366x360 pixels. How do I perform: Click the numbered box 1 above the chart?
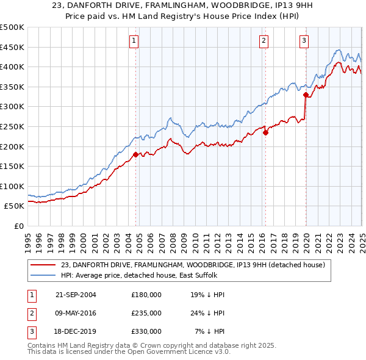(x=134, y=41)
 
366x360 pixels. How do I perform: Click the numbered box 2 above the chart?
(x=264, y=41)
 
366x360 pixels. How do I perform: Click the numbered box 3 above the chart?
(x=304, y=41)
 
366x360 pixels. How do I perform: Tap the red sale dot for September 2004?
(x=135, y=154)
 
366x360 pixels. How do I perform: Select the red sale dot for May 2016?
(x=265, y=132)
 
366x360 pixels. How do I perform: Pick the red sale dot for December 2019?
(x=306, y=95)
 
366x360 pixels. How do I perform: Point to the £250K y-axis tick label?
(x=12, y=126)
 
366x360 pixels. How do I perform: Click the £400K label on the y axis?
(x=12, y=67)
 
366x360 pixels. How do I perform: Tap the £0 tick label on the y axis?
(x=18, y=226)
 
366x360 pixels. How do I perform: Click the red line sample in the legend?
(x=43, y=265)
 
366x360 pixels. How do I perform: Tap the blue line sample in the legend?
(x=43, y=275)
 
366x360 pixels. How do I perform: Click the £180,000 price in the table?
(x=146, y=294)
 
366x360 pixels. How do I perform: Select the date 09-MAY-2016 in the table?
(x=76, y=313)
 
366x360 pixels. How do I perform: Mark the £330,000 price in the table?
(x=146, y=331)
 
